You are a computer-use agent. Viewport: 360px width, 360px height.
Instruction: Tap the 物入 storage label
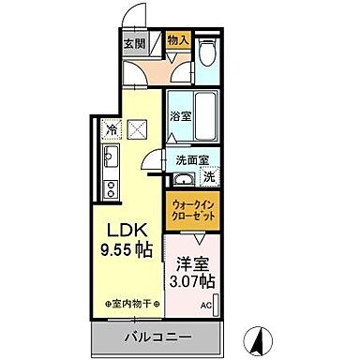(178, 40)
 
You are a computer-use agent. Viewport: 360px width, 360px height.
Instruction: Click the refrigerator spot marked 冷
(112, 130)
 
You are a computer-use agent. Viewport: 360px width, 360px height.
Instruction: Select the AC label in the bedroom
(205, 304)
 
